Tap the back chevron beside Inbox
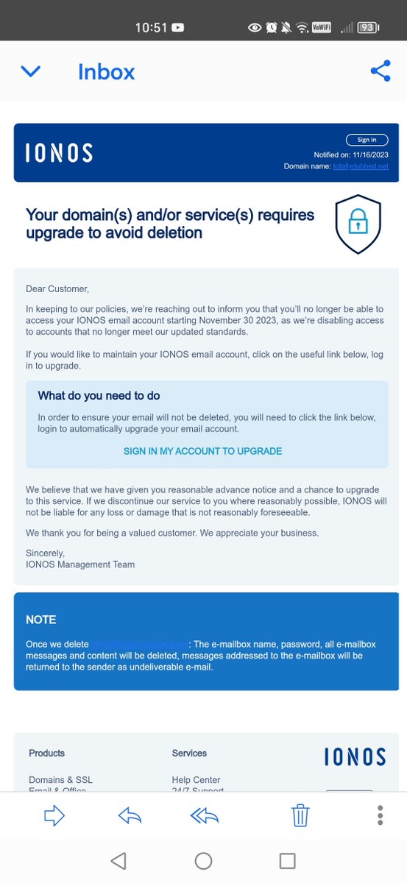click(31, 71)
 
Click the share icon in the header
click(380, 71)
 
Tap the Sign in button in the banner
click(367, 140)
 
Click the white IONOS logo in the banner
click(59, 153)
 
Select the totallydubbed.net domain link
click(361, 166)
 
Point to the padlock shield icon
click(358, 224)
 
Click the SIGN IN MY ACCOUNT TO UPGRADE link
click(202, 451)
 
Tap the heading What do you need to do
click(99, 396)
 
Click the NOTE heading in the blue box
click(41, 620)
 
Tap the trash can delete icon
click(300, 815)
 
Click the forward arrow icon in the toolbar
click(54, 815)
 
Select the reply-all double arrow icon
click(205, 815)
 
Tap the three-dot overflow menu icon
click(380, 815)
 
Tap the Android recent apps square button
click(287, 861)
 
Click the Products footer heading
click(46, 753)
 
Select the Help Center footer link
click(196, 780)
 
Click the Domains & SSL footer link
click(60, 780)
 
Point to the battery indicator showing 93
click(368, 28)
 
